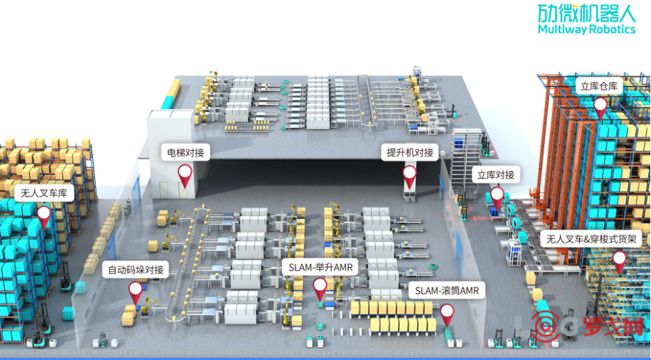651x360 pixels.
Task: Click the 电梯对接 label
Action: pyautogui.click(x=186, y=152)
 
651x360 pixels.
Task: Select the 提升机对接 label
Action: pyautogui.click(x=410, y=152)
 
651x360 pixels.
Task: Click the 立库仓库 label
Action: pyautogui.click(x=599, y=87)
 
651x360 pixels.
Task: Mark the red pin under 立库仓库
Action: pyautogui.click(x=600, y=107)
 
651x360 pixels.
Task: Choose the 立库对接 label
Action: pyautogui.click(x=495, y=174)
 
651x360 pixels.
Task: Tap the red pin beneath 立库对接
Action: pyautogui.click(x=496, y=196)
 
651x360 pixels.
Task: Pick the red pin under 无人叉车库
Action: pyautogui.click(x=44, y=215)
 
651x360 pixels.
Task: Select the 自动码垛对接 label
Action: pyautogui.click(x=136, y=269)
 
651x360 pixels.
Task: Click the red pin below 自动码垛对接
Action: pyautogui.click(x=135, y=291)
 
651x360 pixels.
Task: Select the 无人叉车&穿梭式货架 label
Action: pyautogui.click(x=593, y=239)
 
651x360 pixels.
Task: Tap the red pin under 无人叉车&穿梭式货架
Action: pyautogui.click(x=619, y=260)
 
